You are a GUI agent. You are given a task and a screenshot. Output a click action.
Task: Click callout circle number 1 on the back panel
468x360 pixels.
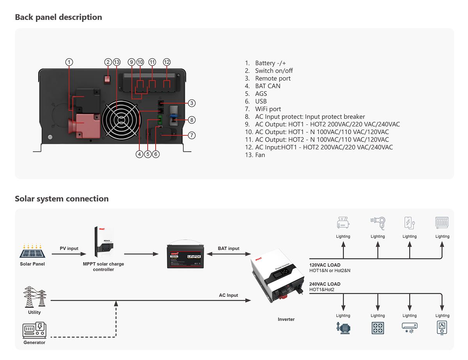pyautogui.click(x=69, y=62)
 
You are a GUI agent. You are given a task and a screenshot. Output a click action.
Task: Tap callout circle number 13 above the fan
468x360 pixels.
pyautogui.click(x=117, y=62)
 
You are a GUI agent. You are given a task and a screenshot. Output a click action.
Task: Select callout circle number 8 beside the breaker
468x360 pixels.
pyautogui.click(x=191, y=120)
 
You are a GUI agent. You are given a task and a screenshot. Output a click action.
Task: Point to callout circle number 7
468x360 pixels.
pyautogui.click(x=191, y=135)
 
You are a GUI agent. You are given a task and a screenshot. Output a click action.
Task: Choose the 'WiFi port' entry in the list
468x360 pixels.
pyautogui.click(x=268, y=109)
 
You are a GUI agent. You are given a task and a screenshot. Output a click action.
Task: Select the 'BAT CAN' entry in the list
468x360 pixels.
pyautogui.click(x=268, y=86)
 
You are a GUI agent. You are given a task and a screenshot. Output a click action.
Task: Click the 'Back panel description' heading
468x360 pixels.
pyautogui.click(x=58, y=17)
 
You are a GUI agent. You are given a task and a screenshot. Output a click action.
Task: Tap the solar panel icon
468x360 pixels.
pyautogui.click(x=32, y=252)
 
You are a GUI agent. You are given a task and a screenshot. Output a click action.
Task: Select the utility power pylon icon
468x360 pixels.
pyautogui.click(x=34, y=297)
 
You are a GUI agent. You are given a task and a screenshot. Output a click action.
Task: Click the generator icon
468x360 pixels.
pyautogui.click(x=34, y=330)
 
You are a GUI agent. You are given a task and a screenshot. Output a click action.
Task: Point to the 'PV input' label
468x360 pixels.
pyautogui.click(x=69, y=248)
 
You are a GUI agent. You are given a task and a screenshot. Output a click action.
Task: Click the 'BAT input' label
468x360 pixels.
pyautogui.click(x=229, y=248)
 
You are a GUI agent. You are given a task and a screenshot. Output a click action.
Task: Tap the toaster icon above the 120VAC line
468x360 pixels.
pyautogui.click(x=343, y=223)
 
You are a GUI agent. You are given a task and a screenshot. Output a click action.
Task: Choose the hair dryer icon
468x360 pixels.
pyautogui.click(x=378, y=223)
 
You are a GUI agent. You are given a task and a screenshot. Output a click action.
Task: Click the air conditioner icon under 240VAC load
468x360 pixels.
pyautogui.click(x=409, y=328)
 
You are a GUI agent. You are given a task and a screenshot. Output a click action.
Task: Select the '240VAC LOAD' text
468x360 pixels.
pyautogui.click(x=325, y=284)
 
